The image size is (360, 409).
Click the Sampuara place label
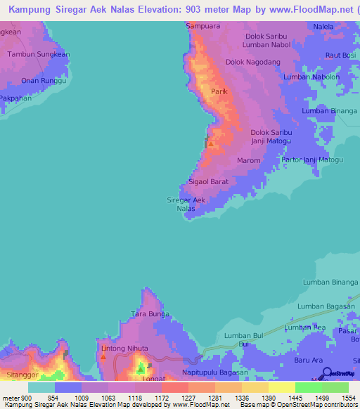(198, 26)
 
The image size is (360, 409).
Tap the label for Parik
(219, 92)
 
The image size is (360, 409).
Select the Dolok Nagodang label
(252, 62)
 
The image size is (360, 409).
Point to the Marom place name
(248, 160)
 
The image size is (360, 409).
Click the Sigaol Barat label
(208, 181)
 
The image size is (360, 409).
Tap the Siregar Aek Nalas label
(186, 204)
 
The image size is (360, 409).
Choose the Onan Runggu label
(44, 81)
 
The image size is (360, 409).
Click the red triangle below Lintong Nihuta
(103, 356)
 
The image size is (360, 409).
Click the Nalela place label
(324, 27)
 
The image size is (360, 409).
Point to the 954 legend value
(53, 398)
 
